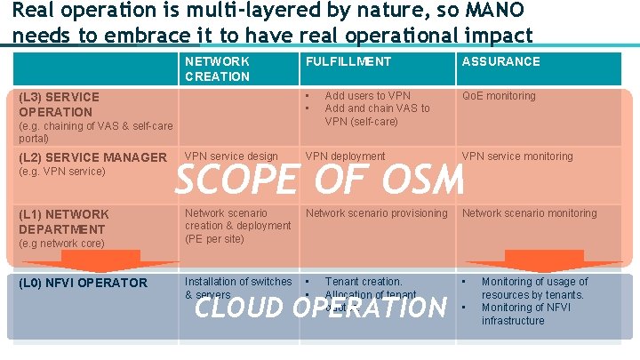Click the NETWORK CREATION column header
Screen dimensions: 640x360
click(x=217, y=68)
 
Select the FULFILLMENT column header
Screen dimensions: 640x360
click(x=348, y=61)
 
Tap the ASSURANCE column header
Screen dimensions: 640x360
click(x=500, y=61)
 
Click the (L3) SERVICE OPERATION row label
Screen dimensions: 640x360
click(x=59, y=104)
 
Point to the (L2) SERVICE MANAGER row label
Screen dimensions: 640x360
click(x=92, y=157)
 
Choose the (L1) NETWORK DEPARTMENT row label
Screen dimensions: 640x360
click(x=63, y=221)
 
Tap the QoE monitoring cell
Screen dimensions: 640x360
click(x=499, y=96)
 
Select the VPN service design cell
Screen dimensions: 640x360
click(x=231, y=156)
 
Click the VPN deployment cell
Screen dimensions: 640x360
click(x=345, y=156)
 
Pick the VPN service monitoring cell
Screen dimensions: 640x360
click(x=517, y=156)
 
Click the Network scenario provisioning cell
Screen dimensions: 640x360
click(x=376, y=213)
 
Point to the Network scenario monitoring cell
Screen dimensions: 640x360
click(x=529, y=213)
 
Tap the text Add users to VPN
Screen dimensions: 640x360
click(x=367, y=96)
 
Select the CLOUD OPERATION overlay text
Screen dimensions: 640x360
click(x=320, y=308)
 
